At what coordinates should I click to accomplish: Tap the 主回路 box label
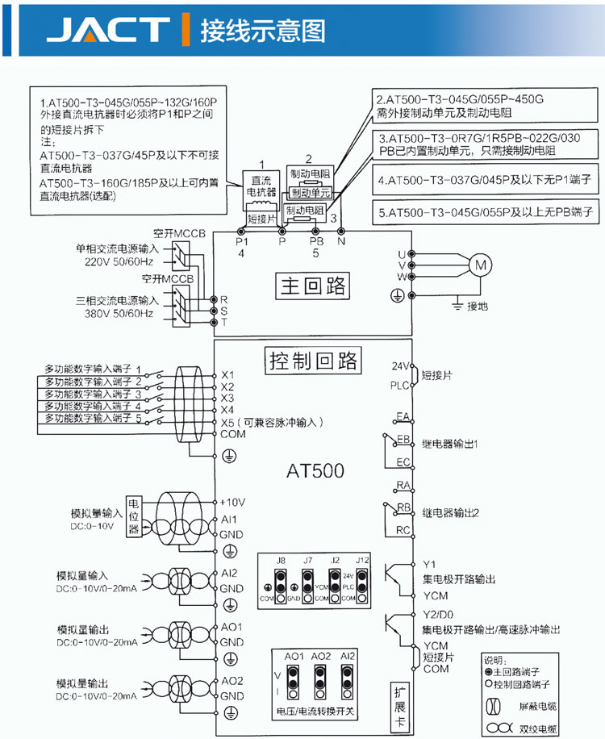coord(311,286)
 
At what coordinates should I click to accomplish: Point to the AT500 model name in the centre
coord(315,470)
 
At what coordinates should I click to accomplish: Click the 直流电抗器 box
coord(261,187)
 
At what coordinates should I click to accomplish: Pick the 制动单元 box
coord(309,194)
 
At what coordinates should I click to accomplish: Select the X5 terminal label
coord(227,422)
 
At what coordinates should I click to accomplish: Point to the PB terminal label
coord(316,241)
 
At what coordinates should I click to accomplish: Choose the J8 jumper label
coord(280,560)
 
